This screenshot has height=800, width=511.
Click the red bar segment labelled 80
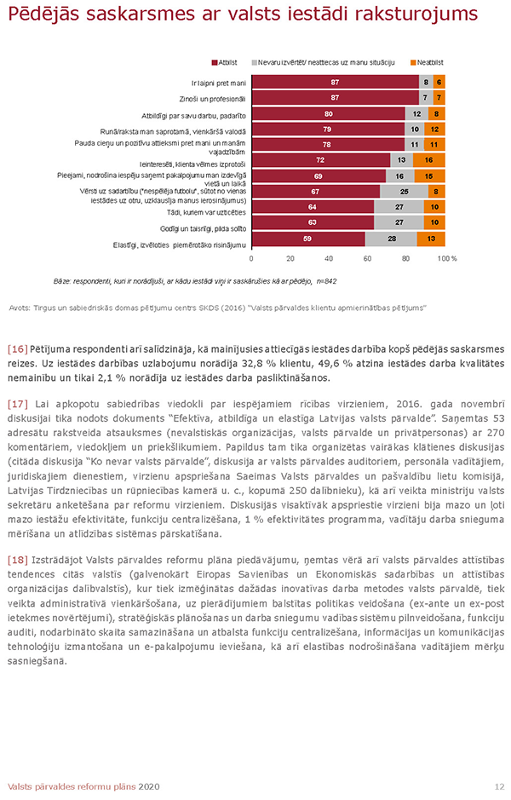[329, 113]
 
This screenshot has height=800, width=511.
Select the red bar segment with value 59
[307, 239]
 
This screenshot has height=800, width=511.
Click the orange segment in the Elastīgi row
[432, 239]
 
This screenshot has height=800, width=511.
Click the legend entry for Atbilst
[225, 63]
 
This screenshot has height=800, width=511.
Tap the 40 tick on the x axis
[329, 257]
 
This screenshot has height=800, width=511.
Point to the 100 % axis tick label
[447, 257]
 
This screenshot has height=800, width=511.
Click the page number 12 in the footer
[498, 786]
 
